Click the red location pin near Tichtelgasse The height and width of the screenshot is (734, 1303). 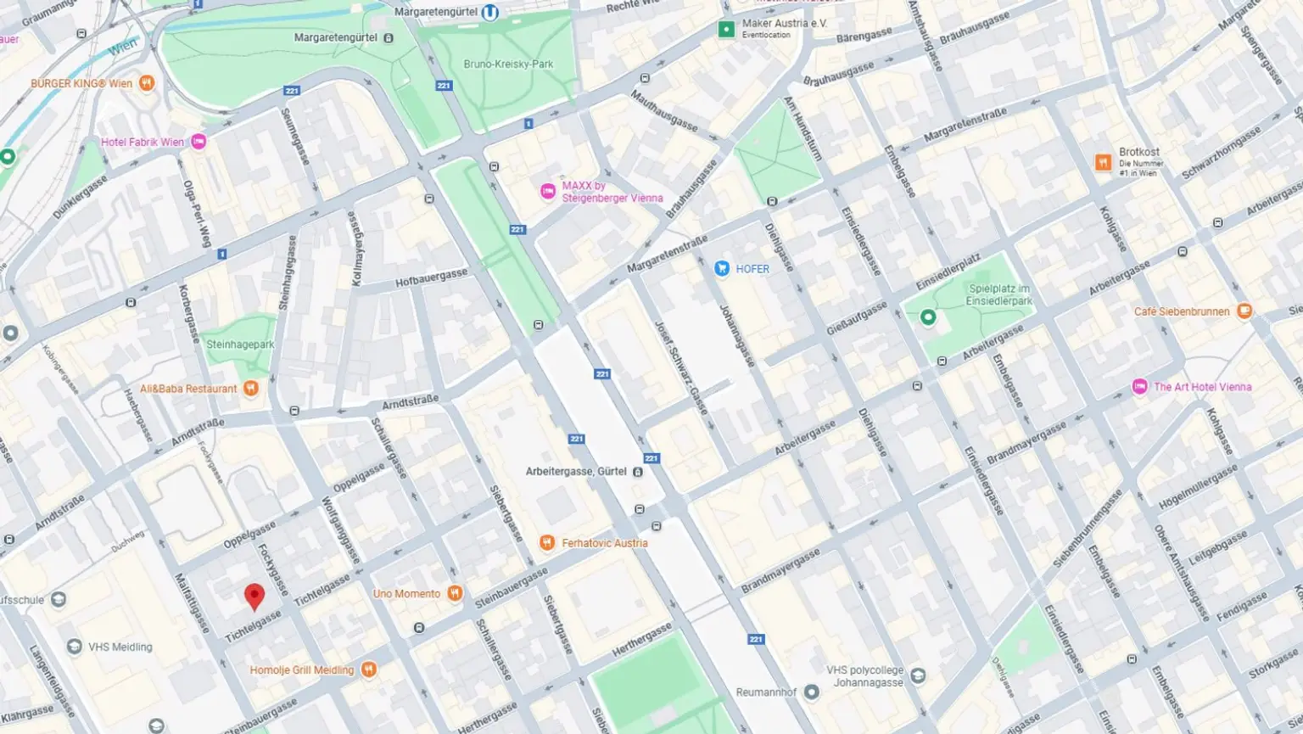[254, 597]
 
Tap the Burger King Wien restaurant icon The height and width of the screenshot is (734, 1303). [147, 83]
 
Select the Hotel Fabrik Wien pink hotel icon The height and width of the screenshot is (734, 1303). [199, 142]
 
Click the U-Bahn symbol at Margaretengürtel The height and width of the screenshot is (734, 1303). [489, 13]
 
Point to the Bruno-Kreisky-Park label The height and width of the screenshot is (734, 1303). [508, 64]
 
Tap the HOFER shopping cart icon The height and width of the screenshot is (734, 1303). [722, 269]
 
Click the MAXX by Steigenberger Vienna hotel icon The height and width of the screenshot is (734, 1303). [549, 192]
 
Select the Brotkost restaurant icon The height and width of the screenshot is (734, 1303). [1103, 162]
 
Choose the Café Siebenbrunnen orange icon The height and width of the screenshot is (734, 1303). [1244, 311]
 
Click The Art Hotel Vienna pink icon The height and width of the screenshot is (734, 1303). [1140, 387]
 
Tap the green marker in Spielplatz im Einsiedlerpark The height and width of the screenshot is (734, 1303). [928, 317]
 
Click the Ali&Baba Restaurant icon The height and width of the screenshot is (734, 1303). [250, 389]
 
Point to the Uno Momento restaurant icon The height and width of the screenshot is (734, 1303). [456, 593]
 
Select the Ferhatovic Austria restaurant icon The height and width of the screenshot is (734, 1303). [547, 543]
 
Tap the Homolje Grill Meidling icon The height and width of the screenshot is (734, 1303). [368, 670]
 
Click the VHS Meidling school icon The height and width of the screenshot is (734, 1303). [75, 647]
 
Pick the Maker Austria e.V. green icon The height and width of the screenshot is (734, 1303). [726, 30]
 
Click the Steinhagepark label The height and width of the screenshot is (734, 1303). [240, 345]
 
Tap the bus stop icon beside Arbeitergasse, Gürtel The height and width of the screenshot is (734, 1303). [638, 472]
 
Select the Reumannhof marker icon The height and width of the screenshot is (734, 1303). [812, 692]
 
